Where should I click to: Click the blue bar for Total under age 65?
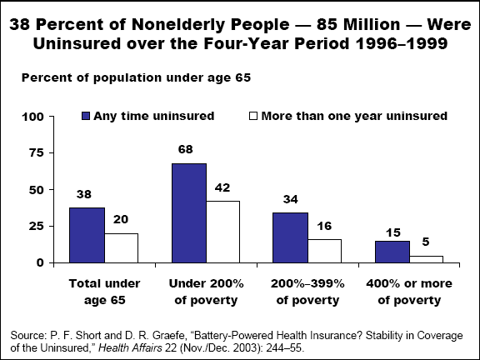(87, 235)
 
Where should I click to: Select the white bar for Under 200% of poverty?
(222, 232)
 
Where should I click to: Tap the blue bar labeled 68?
(189, 213)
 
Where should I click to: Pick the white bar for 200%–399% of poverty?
(324, 251)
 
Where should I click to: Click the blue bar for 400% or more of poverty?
(392, 252)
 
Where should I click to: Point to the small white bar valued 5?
(426, 259)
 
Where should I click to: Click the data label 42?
(222, 187)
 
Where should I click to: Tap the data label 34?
(291, 199)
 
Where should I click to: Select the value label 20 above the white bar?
(121, 219)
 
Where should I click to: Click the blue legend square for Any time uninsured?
(86, 116)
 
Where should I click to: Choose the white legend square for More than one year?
(253, 116)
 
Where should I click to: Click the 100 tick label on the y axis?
(33, 117)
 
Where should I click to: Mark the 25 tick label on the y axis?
(37, 226)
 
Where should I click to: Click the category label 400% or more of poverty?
(409, 292)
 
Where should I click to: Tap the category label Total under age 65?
(105, 292)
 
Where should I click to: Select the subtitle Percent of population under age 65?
(136, 77)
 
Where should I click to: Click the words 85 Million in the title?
(358, 24)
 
